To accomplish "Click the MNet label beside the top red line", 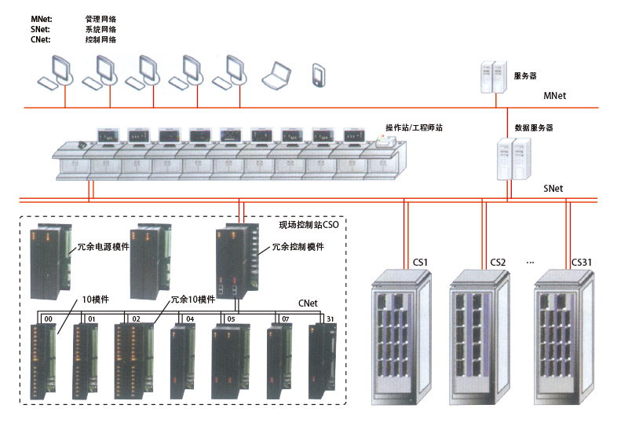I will [x=555, y=96].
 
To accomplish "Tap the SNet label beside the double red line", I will [x=553, y=189].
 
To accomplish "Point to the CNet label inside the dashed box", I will [x=309, y=301].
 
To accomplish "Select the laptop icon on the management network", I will [x=276, y=74].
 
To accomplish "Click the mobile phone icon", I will [x=319, y=74].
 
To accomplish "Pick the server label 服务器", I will [x=525, y=76].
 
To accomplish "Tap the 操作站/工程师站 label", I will [x=414, y=127].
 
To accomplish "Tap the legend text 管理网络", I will [x=100, y=17].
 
